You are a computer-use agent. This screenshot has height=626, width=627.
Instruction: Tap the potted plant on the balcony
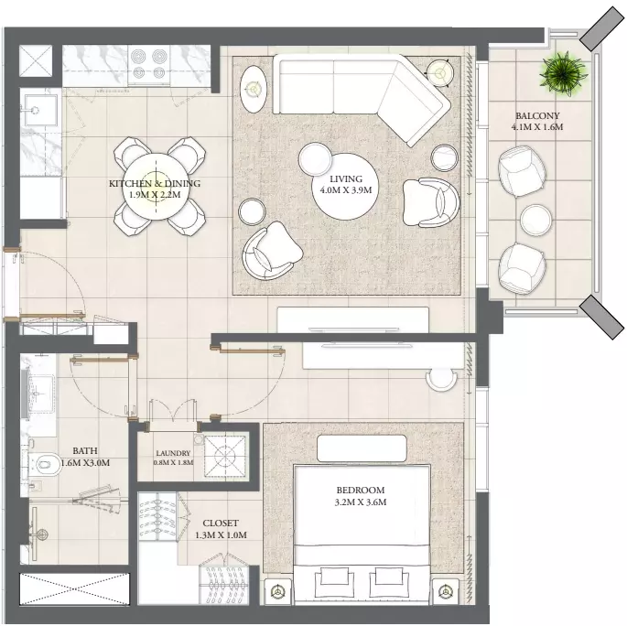(563, 73)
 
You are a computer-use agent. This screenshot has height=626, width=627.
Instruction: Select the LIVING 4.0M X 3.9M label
(345, 184)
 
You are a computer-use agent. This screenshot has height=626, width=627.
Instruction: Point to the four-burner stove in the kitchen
(149, 66)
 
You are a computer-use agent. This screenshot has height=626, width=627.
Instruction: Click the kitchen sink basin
(36, 110)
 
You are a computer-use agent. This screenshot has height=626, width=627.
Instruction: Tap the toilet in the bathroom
(46, 465)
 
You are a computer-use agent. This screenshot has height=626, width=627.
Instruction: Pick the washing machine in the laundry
(225, 455)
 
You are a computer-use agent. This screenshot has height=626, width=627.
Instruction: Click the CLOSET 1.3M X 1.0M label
(221, 529)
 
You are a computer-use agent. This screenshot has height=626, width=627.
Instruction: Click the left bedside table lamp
(277, 591)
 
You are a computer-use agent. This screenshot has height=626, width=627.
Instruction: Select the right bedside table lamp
(446, 591)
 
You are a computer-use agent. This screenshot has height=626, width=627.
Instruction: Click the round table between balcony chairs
(535, 220)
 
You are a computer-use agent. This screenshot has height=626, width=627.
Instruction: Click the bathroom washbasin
(39, 394)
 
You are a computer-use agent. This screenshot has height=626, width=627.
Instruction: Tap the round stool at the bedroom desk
(441, 379)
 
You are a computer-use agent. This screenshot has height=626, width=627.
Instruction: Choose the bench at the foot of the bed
(362, 448)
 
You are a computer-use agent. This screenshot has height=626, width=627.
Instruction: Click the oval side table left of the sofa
(254, 89)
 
